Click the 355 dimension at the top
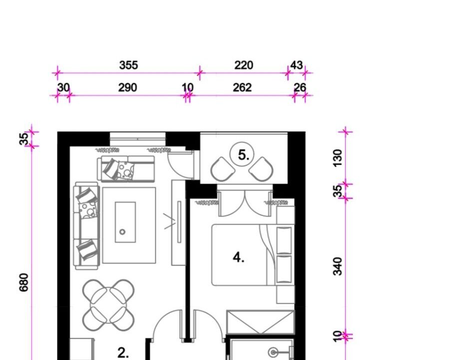point(128,65)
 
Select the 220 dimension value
point(244,65)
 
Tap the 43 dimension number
point(297,65)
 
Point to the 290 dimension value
point(127,87)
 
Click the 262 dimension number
point(242,87)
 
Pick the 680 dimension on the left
point(24,282)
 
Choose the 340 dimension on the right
point(338,266)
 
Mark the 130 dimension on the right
point(338,158)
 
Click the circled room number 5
point(242,154)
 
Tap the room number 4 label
point(238,257)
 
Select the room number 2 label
point(123,353)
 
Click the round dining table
point(108,305)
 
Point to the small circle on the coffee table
point(122,232)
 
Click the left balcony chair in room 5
point(223,169)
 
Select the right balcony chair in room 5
point(261,169)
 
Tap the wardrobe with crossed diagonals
point(261,322)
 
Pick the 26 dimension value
point(300,87)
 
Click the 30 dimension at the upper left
point(63,87)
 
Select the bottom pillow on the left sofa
point(87,249)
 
